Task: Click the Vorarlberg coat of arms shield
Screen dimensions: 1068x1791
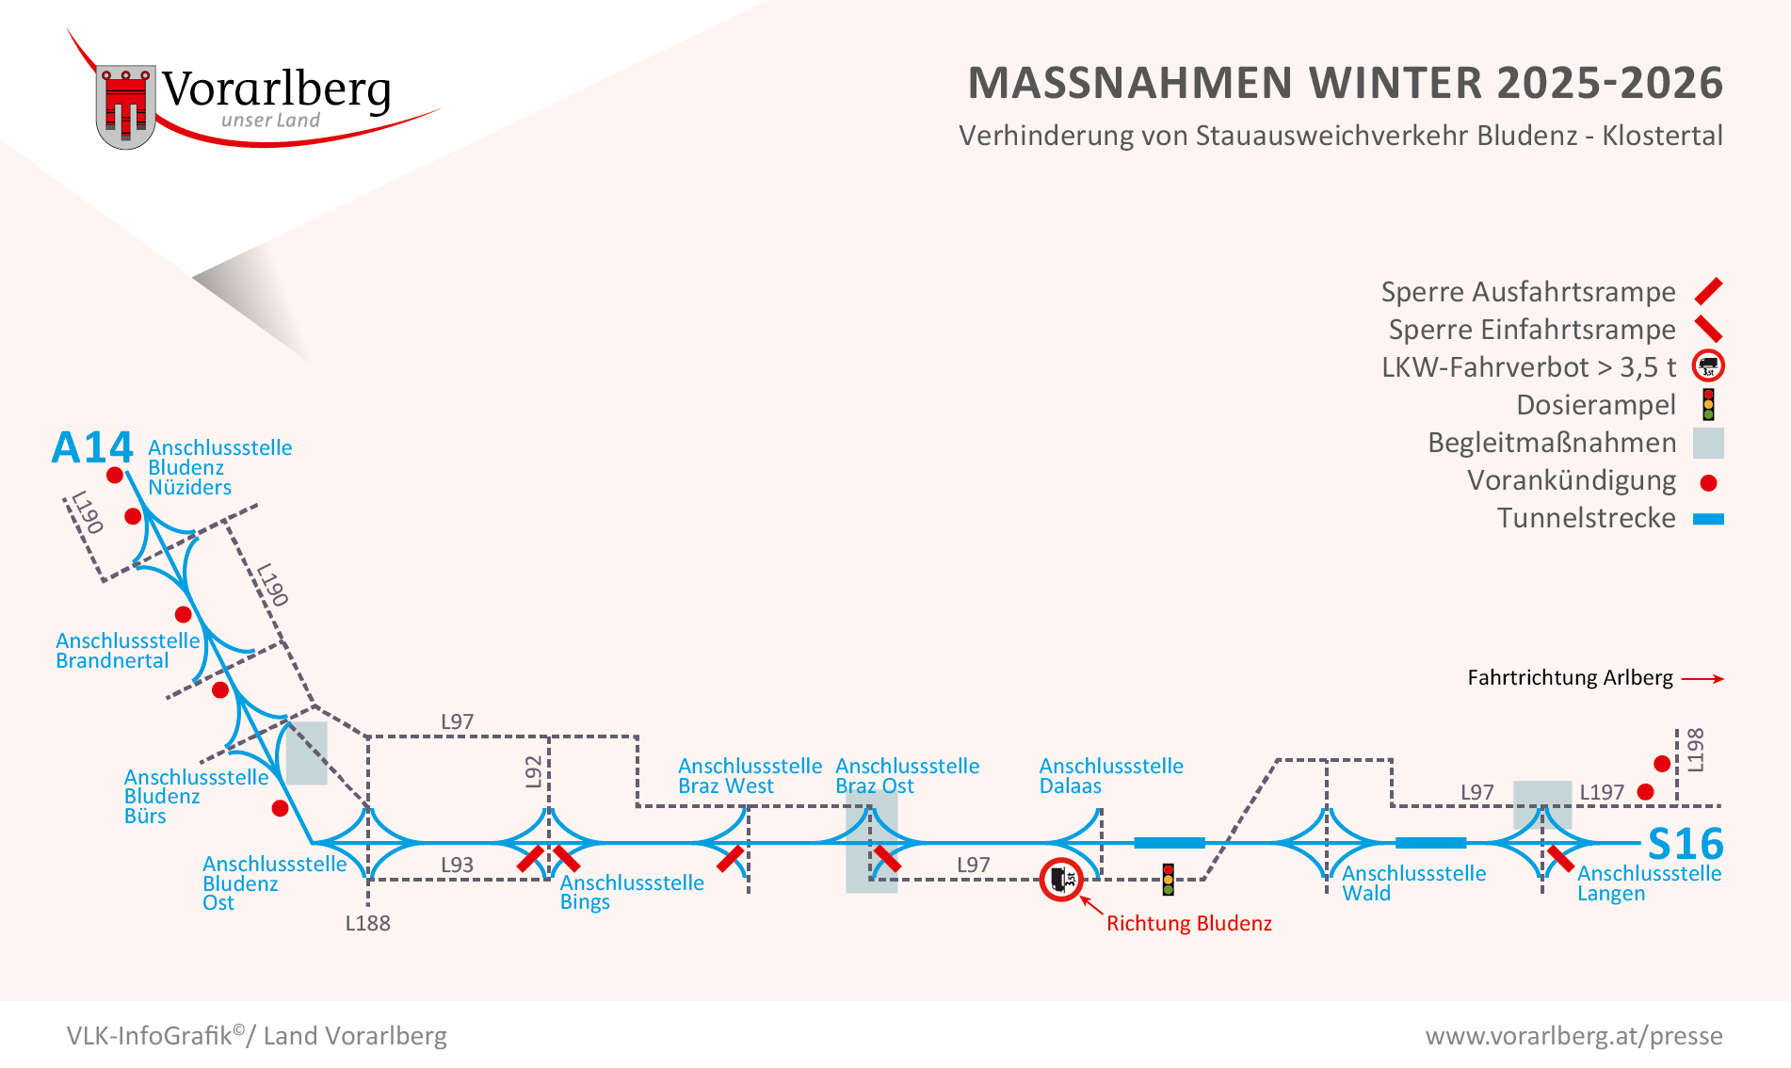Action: click(x=125, y=106)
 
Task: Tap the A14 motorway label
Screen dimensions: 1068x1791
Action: click(x=92, y=447)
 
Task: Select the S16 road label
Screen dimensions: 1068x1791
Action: click(x=1685, y=844)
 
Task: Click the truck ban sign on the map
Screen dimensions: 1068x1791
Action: click(x=1061, y=880)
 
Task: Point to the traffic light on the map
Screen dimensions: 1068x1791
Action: click(x=1168, y=879)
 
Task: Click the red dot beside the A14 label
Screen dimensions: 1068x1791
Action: click(x=115, y=476)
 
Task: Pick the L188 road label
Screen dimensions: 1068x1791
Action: click(x=367, y=923)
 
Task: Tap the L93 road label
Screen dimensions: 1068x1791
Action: click(x=457, y=865)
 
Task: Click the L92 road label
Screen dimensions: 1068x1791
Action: click(x=534, y=770)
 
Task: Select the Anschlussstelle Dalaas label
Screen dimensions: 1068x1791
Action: click(x=1110, y=776)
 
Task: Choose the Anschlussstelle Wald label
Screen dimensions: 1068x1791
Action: click(x=1413, y=883)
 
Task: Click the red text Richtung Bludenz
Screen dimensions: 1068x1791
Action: click(x=1188, y=923)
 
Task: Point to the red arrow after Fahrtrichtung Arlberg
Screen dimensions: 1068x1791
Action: click(x=1702, y=678)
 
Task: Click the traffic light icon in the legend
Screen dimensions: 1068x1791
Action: click(x=1708, y=404)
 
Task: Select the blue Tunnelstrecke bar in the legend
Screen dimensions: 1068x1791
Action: click(x=1708, y=519)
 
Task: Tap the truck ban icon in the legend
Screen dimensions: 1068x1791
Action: click(x=1708, y=366)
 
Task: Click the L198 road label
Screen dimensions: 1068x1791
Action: click(x=1695, y=750)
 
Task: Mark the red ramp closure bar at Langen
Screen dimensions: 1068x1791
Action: click(x=1560, y=859)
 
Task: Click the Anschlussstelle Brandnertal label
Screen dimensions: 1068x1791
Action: click(x=127, y=651)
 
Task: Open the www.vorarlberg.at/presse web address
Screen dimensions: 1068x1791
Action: click(x=1573, y=1036)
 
